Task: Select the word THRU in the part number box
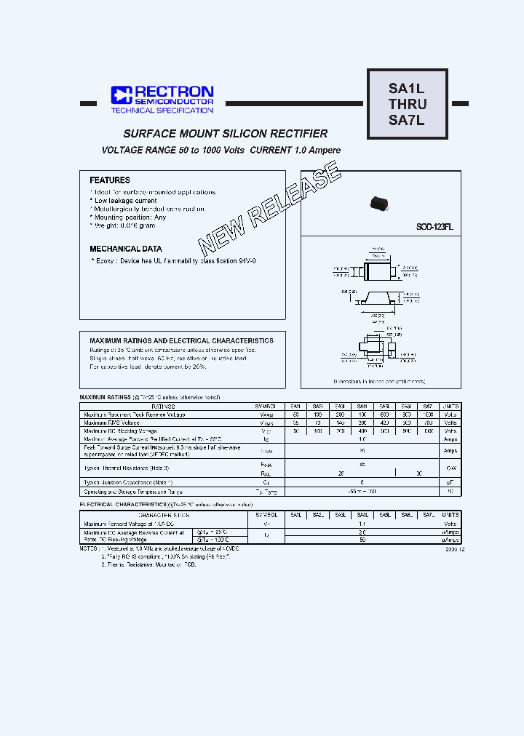click(407, 105)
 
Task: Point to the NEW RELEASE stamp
click(269, 207)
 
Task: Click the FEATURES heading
click(110, 180)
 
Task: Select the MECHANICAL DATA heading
click(126, 249)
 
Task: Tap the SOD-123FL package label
click(434, 227)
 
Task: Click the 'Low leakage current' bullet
click(125, 201)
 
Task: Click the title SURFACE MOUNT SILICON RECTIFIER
click(226, 134)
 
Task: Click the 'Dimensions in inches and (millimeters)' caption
click(379, 381)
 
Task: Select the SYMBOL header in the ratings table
click(266, 407)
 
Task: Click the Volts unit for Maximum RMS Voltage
click(451, 423)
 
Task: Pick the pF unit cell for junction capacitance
click(451, 482)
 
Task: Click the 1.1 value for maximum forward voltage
click(362, 524)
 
